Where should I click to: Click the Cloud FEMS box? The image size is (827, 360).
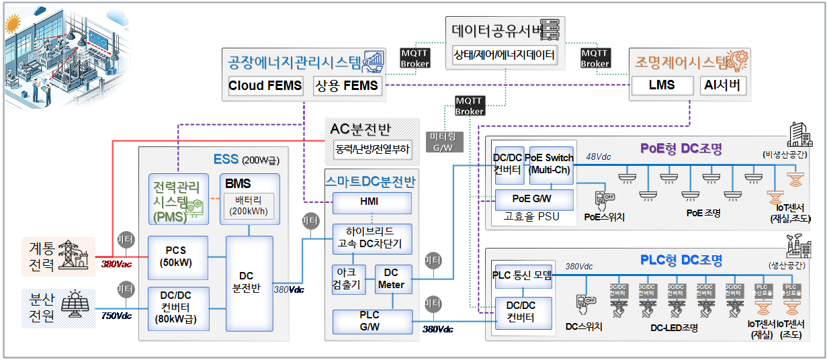tap(265, 86)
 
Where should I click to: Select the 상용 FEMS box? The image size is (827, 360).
tap(347, 86)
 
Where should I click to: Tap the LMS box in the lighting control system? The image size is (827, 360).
tap(661, 86)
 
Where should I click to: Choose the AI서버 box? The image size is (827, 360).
tap(722, 86)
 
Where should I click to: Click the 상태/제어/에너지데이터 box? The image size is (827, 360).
tap(505, 54)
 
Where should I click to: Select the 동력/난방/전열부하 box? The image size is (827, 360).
tap(374, 149)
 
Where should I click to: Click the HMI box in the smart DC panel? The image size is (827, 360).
tap(372, 203)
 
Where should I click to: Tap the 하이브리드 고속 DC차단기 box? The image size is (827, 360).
tap(372, 238)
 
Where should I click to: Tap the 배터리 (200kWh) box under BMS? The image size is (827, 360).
tap(249, 205)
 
